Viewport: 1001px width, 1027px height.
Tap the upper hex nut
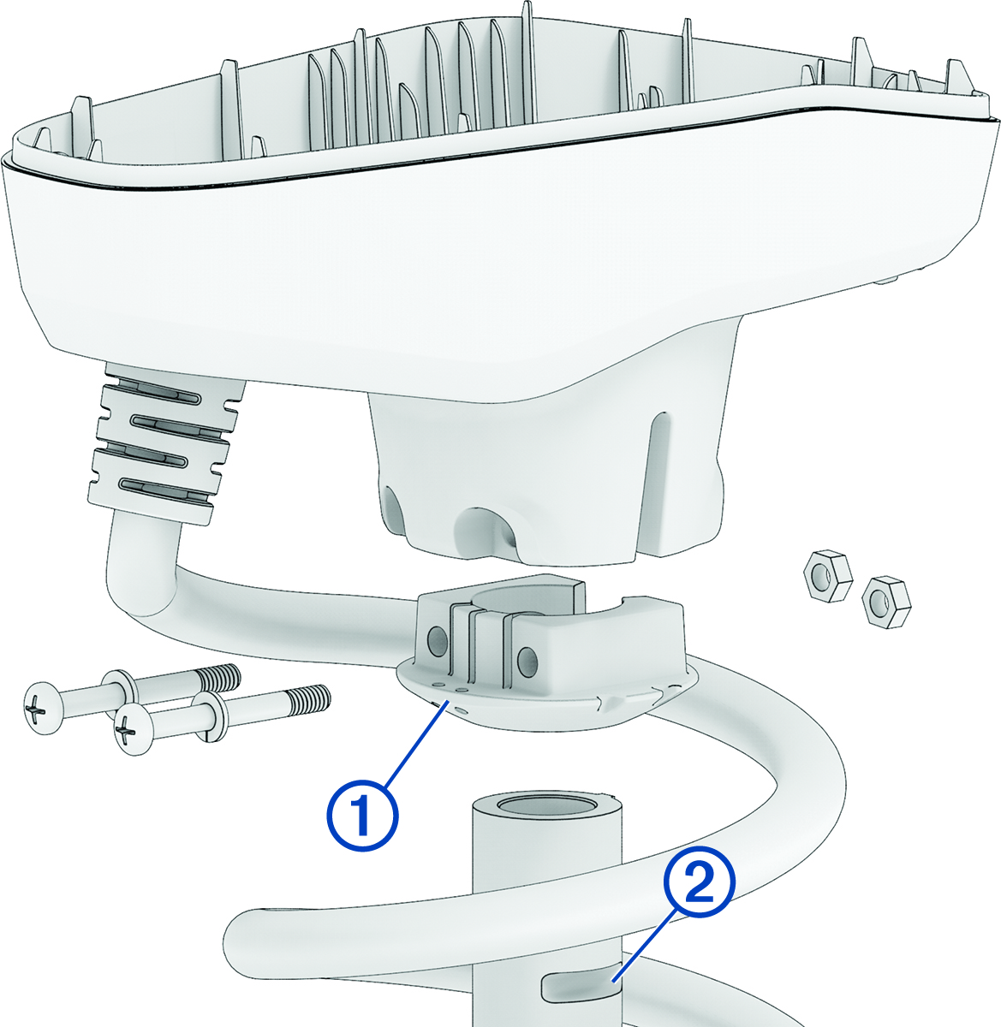click(x=827, y=577)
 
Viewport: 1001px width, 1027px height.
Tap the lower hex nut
click(x=886, y=602)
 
